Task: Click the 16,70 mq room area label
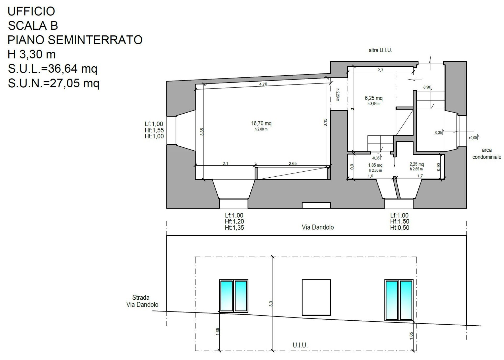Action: coord(261,123)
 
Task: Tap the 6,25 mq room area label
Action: coord(374,98)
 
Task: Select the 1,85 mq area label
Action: coord(375,165)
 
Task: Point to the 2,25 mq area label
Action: coord(417,164)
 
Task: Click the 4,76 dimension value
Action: coord(263,84)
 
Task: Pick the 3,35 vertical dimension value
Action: coord(202,132)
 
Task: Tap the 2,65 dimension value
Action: coord(293,163)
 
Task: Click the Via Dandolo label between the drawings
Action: coord(318,227)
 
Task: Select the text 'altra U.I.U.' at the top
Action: coord(380,50)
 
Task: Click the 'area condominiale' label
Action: coord(487,154)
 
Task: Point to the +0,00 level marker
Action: coord(473,138)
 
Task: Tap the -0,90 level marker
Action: coord(426,87)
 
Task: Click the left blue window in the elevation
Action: coord(234,296)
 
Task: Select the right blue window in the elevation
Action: coord(399,300)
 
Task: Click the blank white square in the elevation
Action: coord(316,297)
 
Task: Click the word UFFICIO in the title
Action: coord(31,11)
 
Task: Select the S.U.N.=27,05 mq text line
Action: coord(54,83)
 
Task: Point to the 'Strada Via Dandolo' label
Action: coord(142,301)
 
